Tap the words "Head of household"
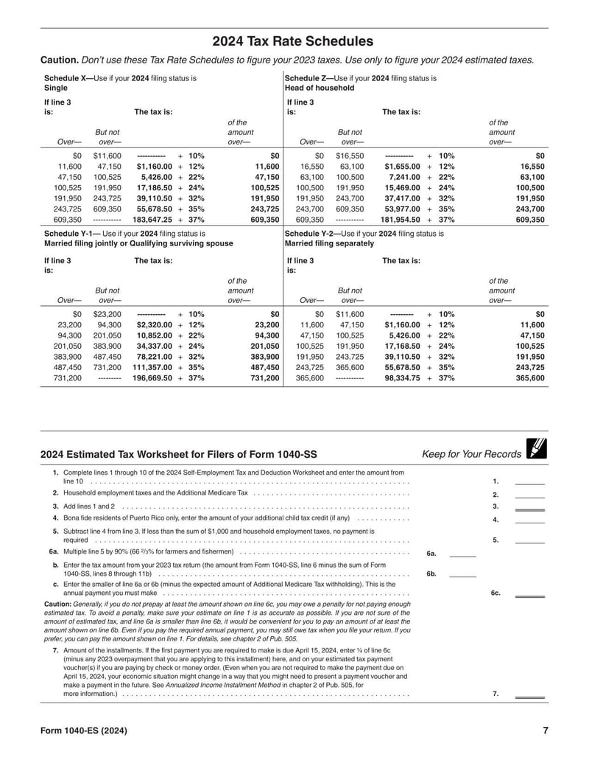click(x=319, y=88)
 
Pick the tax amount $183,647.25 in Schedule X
click(x=152, y=220)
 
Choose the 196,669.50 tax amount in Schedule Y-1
click(x=152, y=378)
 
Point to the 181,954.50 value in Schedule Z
click(x=400, y=220)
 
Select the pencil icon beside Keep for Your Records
click(x=537, y=448)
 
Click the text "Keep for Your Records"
click(x=471, y=454)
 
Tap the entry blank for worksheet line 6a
click(x=462, y=554)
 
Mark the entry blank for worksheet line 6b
click(x=462, y=574)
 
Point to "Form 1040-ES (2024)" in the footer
click(x=85, y=731)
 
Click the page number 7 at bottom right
click(x=545, y=731)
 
